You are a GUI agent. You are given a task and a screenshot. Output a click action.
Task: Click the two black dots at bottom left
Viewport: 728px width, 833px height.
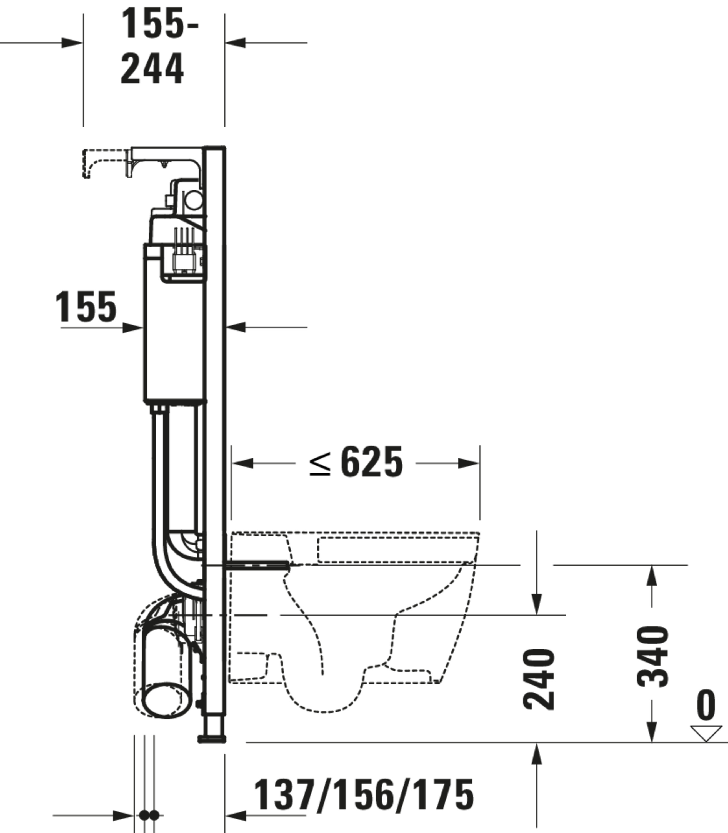(x=149, y=815)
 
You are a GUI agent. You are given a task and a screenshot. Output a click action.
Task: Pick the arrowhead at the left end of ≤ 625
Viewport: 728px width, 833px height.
(x=242, y=463)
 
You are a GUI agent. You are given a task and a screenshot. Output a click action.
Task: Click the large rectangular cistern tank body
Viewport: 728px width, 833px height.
(x=174, y=341)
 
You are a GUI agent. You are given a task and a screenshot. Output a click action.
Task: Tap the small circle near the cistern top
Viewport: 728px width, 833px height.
(x=194, y=200)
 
